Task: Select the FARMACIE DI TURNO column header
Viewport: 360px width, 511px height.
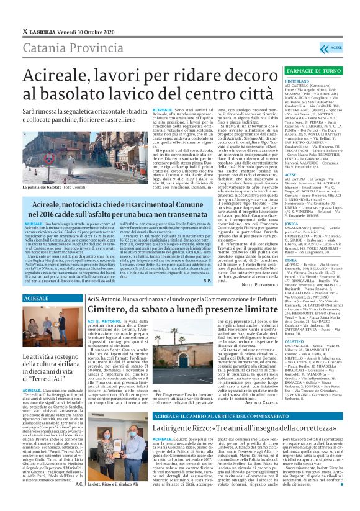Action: [x=305, y=71]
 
